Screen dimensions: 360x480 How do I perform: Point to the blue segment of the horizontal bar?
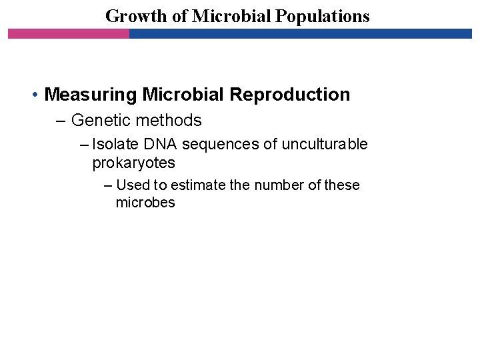[300, 33]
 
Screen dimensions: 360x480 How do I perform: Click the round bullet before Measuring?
[35, 95]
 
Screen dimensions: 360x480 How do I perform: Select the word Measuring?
[91, 95]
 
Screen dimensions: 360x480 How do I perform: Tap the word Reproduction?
[289, 95]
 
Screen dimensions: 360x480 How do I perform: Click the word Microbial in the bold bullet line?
[183, 95]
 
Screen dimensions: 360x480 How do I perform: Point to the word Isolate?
[113, 145]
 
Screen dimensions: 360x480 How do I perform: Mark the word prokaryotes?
[133, 163]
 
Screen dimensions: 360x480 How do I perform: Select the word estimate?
[199, 185]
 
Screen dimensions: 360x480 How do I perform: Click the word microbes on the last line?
[145, 203]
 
